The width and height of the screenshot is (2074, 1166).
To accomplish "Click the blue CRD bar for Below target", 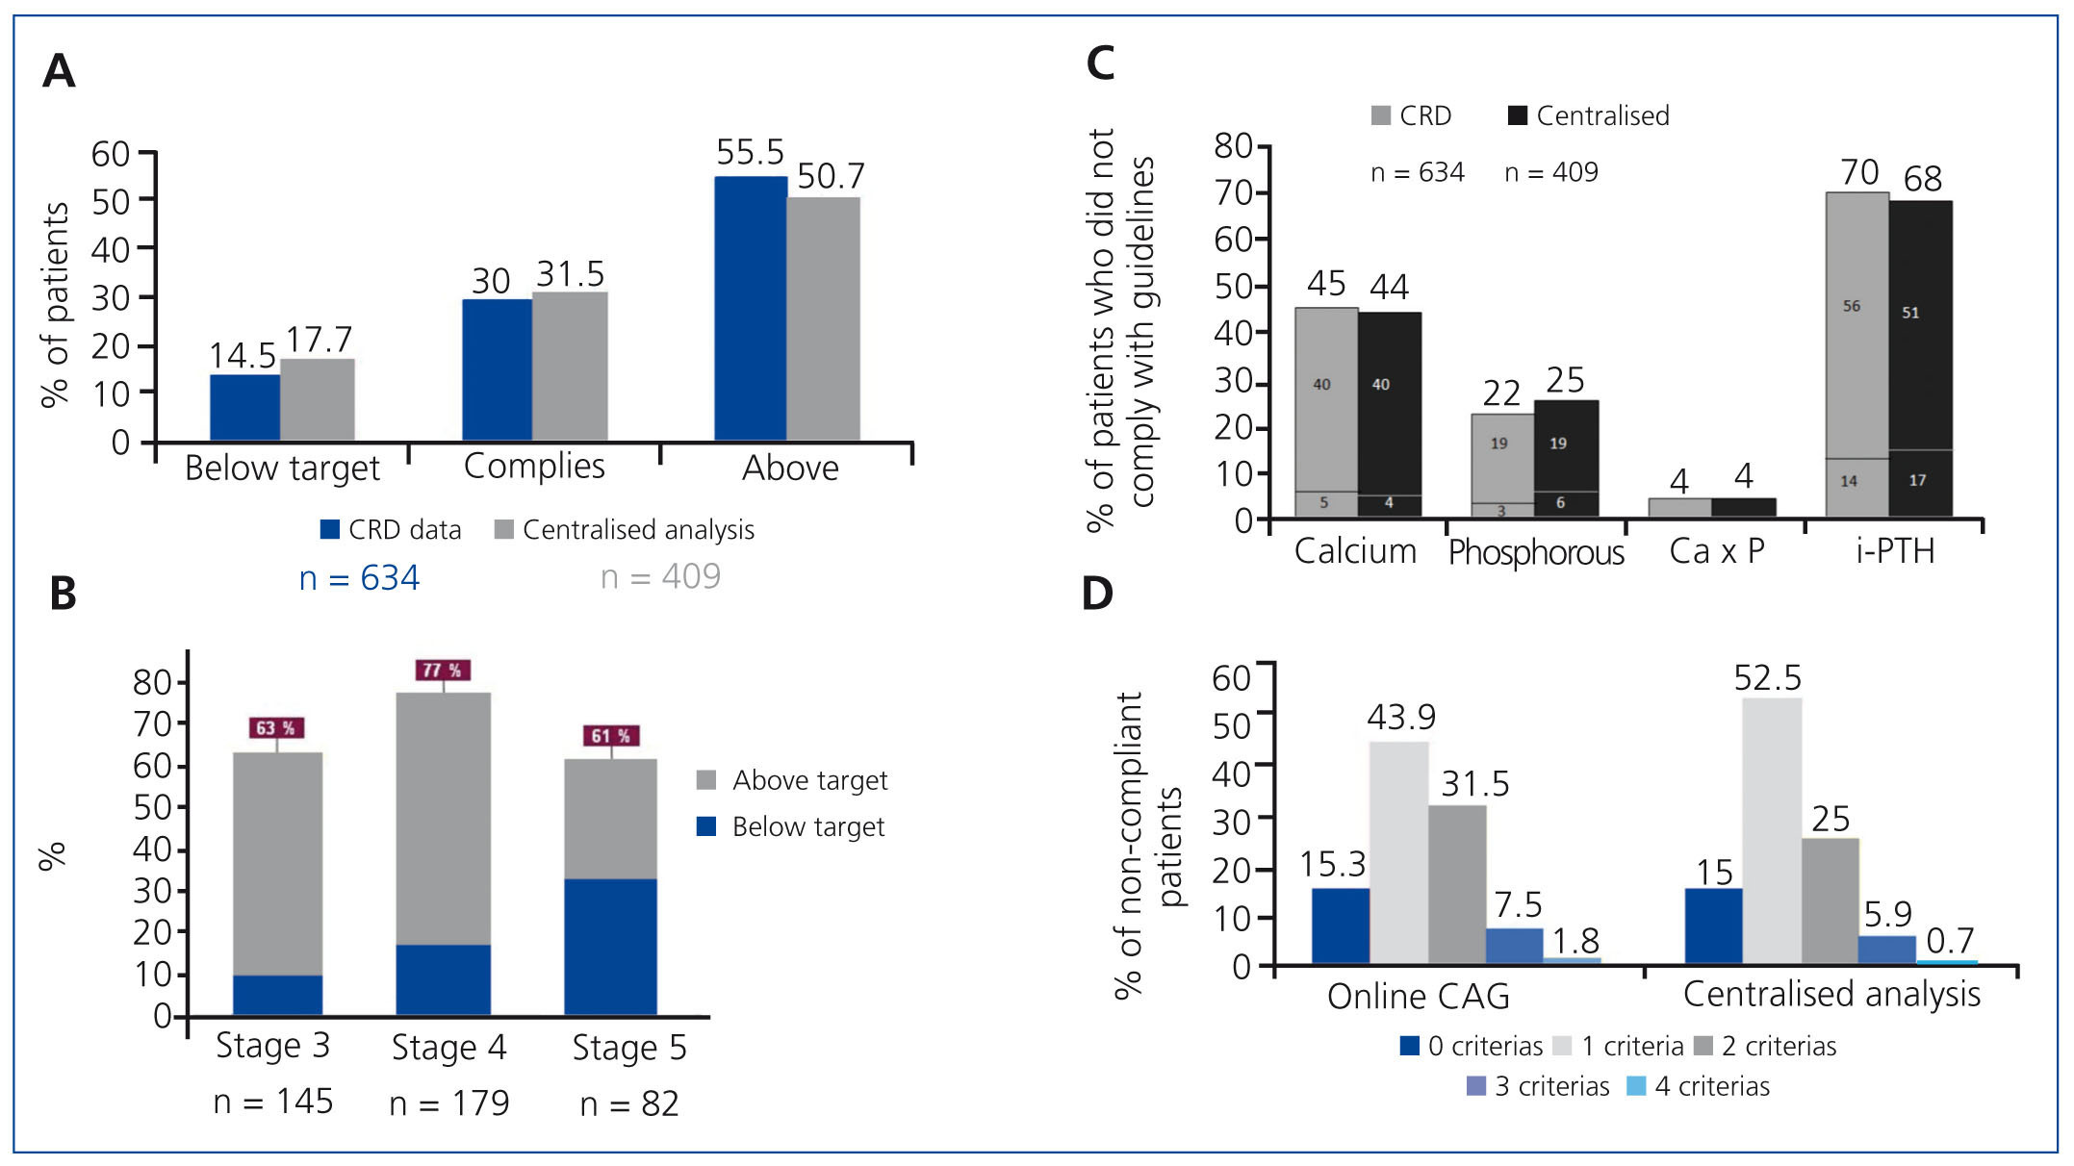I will pos(244,407).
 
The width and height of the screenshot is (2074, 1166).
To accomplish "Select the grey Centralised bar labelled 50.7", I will pos(823,318).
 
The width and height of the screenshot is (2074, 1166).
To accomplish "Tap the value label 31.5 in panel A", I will pos(571,274).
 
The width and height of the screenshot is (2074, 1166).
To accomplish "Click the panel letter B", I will pos(63,594).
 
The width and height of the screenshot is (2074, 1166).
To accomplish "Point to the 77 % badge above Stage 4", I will pos(443,670).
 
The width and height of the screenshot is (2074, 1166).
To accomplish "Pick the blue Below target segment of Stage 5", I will pos(610,947).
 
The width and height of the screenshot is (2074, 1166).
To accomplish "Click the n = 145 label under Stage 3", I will pos(273,1102).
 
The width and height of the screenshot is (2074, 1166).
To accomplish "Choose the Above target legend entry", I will pos(791,780).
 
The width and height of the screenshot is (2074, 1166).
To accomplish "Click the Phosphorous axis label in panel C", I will pos(1536,552).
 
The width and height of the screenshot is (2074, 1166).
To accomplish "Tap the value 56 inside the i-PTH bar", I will pos(1852,306).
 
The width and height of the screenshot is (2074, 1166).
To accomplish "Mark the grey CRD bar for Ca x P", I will pos(1679,507).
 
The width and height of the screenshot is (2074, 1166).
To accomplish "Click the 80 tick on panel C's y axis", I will pos(1233,146).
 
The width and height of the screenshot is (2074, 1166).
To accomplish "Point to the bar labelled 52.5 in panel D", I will pos(1772,830).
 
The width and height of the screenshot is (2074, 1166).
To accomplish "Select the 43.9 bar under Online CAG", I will pos(1398,852).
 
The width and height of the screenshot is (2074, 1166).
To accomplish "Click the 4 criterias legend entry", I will pos(1699,1086).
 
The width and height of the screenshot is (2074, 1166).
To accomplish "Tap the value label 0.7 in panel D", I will pos(1950,940).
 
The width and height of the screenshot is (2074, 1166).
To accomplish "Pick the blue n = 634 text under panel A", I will pos(359,578).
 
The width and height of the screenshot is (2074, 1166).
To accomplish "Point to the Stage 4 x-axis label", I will pos(448,1048).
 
